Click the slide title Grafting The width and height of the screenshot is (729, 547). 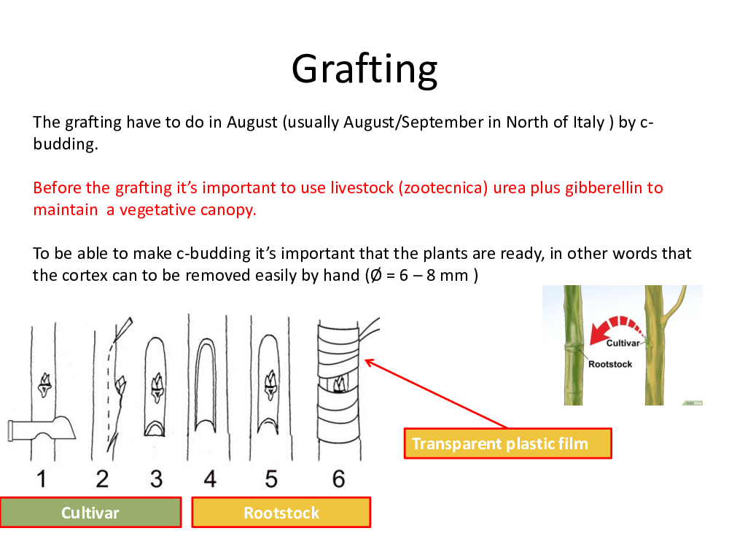[x=364, y=70]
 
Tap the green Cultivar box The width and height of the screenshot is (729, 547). [x=90, y=512]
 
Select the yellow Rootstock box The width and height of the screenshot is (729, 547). [x=281, y=512]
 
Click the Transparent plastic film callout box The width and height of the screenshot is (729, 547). [x=507, y=443]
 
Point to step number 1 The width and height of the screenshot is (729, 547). [x=42, y=479]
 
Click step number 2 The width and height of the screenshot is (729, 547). [x=102, y=479]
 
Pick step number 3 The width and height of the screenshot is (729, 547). [x=156, y=479]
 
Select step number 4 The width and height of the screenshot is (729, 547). [x=210, y=479]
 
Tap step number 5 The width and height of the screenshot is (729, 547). [x=271, y=479]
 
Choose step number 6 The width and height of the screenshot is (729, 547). [x=338, y=479]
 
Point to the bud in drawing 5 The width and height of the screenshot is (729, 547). [x=270, y=385]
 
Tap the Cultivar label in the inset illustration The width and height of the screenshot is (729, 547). [x=623, y=344]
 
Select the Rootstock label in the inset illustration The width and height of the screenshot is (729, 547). [x=610, y=364]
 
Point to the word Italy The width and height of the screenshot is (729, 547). [x=588, y=122]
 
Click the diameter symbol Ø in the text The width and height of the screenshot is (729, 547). [x=376, y=276]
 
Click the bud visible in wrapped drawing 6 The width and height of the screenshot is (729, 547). [x=338, y=384]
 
